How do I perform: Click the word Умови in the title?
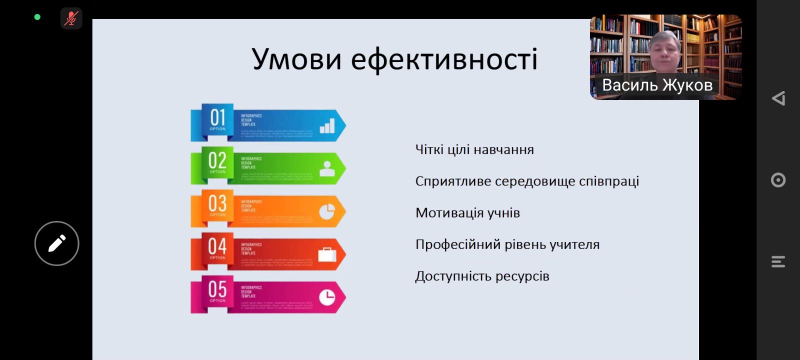point(297,59)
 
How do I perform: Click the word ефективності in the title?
point(444,59)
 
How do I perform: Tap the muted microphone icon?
point(71,18)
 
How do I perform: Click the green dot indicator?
point(37,17)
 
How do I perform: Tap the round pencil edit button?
point(56,243)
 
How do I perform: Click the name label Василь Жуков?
point(657,85)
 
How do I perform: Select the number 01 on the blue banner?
point(217,118)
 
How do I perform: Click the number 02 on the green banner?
point(217,161)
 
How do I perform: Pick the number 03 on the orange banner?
point(217,204)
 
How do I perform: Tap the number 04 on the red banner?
point(217,247)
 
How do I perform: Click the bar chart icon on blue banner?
point(327,126)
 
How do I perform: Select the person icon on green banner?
point(327,169)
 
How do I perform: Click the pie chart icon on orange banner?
point(327,211)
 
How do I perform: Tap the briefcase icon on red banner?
point(327,255)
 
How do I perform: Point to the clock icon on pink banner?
point(327,297)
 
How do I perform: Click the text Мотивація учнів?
point(467,213)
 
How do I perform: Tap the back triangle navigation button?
point(778,98)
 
